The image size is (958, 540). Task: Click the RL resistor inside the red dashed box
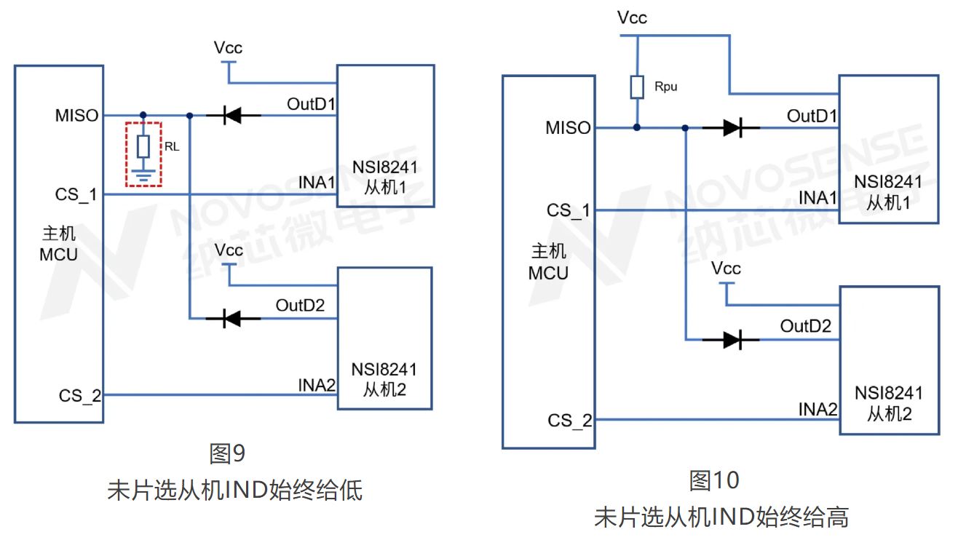click(x=143, y=146)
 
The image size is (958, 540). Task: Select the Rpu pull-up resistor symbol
click(x=637, y=87)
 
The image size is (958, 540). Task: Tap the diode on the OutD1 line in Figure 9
click(x=232, y=115)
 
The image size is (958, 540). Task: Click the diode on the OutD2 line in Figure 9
click(x=232, y=318)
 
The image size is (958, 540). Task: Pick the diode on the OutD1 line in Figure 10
click(x=732, y=128)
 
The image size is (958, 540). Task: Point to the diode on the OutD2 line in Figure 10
click(x=732, y=339)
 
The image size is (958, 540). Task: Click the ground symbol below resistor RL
click(x=143, y=175)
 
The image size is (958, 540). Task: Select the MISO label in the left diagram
click(x=76, y=115)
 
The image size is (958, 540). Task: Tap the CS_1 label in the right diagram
click(x=569, y=211)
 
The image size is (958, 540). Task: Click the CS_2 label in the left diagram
click(x=80, y=396)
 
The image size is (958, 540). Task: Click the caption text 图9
click(x=227, y=454)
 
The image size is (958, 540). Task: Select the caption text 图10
click(x=714, y=480)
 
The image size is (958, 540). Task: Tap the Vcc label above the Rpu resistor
click(x=631, y=17)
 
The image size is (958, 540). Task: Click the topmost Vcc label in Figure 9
click(x=228, y=48)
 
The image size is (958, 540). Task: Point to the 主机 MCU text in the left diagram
click(x=58, y=245)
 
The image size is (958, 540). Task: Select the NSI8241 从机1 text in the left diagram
click(x=384, y=176)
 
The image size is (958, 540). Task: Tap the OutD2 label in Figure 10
click(x=805, y=326)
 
